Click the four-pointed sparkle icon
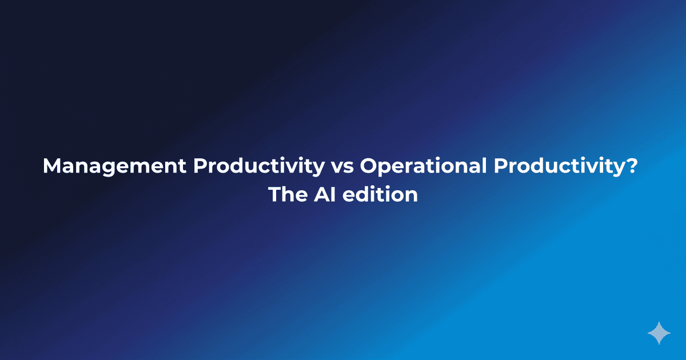click(x=659, y=333)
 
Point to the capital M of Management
click(x=53, y=166)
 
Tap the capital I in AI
click(x=329, y=195)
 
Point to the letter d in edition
click(x=360, y=195)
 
